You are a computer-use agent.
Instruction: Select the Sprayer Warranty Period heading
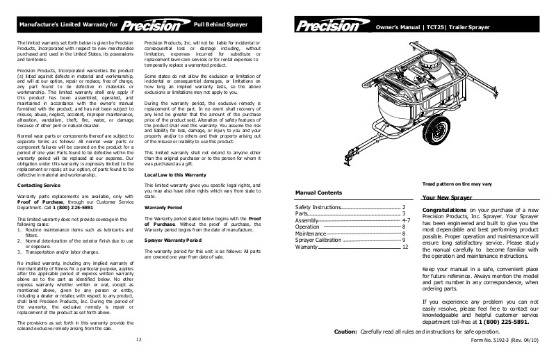point(173,239)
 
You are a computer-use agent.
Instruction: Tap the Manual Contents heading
point(318,192)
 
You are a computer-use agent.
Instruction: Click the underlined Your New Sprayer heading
point(446,198)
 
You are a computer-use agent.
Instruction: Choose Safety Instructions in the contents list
point(318,207)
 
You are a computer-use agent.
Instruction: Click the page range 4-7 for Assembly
point(406,220)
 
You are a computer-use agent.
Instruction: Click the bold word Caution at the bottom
point(345,332)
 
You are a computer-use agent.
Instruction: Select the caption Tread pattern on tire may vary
point(455,183)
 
